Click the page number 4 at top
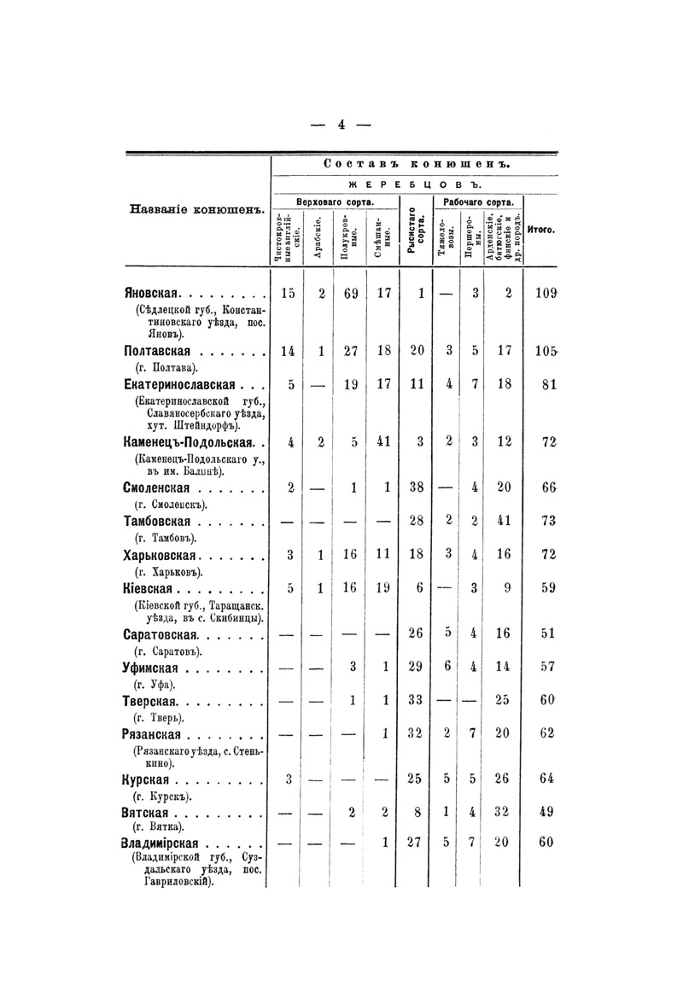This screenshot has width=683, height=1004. point(341,124)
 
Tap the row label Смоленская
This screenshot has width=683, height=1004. point(160,488)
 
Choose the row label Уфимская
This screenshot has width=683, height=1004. point(156,668)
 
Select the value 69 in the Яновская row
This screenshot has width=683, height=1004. point(350,295)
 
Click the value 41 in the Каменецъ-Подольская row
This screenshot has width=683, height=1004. point(383,441)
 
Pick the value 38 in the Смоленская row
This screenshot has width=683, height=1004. point(416,488)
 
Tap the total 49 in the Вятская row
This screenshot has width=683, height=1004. point(547,814)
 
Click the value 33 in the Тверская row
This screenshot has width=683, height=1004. point(416,700)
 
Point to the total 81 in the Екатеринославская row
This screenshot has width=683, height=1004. point(548,384)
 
